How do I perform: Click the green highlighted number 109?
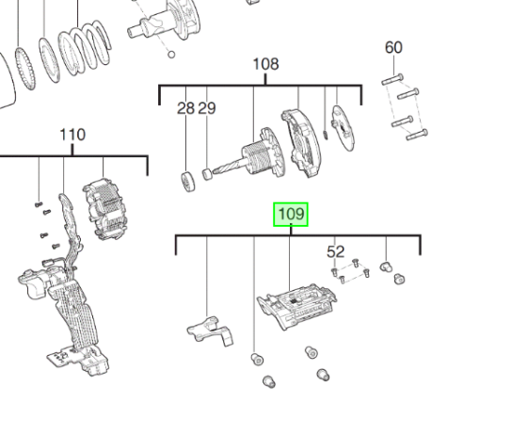(x=291, y=215)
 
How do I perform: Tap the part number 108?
(x=266, y=64)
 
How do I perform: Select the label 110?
(x=72, y=135)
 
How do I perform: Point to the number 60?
(x=393, y=48)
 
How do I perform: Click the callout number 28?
(x=186, y=108)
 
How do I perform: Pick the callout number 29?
(x=207, y=108)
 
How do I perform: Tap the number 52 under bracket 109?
(x=336, y=251)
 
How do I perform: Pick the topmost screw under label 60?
(x=393, y=78)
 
